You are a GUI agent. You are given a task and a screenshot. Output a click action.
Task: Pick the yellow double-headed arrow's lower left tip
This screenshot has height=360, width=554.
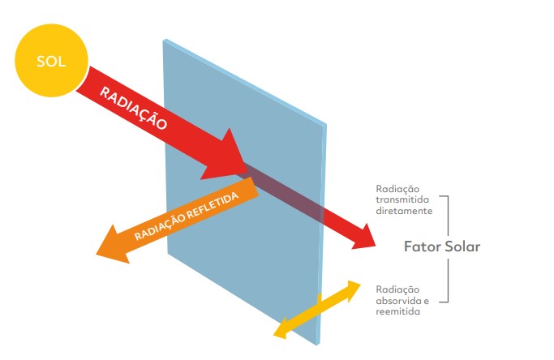tap(277, 332)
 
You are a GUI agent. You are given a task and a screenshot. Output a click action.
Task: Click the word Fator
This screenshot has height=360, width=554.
tap(422, 246)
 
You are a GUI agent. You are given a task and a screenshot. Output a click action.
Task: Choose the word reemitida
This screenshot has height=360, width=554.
tap(398, 311)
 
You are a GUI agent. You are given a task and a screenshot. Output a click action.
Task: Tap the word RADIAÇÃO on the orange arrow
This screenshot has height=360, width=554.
tap(159, 230)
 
